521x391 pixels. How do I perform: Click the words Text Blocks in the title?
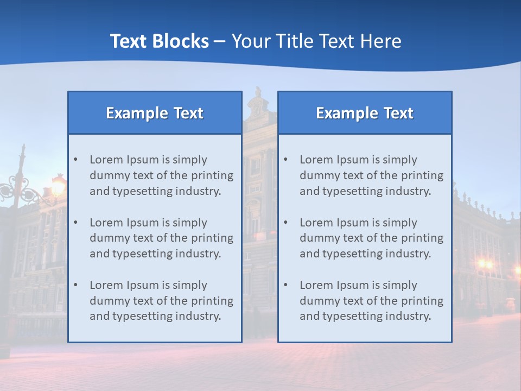(159, 41)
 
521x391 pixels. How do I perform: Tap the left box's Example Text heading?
(155, 113)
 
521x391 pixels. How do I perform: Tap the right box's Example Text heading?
(365, 113)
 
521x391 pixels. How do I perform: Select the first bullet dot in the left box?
(75, 160)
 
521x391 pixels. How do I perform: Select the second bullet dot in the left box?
(75, 223)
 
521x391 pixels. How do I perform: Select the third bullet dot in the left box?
(75, 285)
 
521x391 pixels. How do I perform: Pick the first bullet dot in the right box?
(285, 160)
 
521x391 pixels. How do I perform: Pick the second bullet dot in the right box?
(285, 223)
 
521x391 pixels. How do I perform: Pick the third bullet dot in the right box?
(285, 285)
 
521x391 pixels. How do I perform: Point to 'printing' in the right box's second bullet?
(423, 238)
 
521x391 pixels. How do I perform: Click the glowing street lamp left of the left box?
(58, 186)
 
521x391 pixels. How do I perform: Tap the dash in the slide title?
(220, 41)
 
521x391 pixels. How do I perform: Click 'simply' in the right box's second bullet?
(399, 223)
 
